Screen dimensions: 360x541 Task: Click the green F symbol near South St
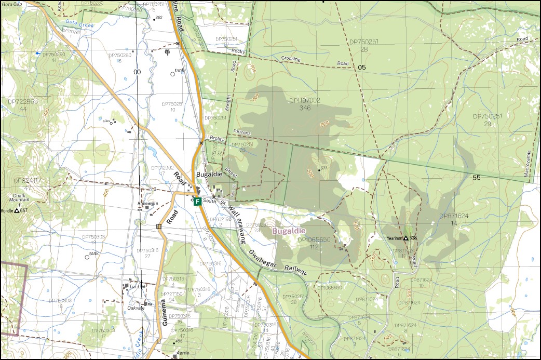[x=197, y=202]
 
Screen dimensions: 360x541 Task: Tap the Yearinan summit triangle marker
[x=406, y=238]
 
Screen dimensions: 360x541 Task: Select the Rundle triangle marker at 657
[x=17, y=211]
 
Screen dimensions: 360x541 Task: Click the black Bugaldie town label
[x=209, y=174]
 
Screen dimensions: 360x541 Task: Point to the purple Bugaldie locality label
[x=289, y=230]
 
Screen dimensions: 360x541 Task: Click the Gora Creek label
[x=75, y=22]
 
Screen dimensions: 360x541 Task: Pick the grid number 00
[x=137, y=72]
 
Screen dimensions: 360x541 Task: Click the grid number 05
[x=362, y=68]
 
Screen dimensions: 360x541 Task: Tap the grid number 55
[x=477, y=178]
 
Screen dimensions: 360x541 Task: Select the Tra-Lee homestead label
[x=137, y=286]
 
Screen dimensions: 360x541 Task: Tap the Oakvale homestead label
[x=136, y=306]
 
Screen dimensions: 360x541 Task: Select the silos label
[x=107, y=121]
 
